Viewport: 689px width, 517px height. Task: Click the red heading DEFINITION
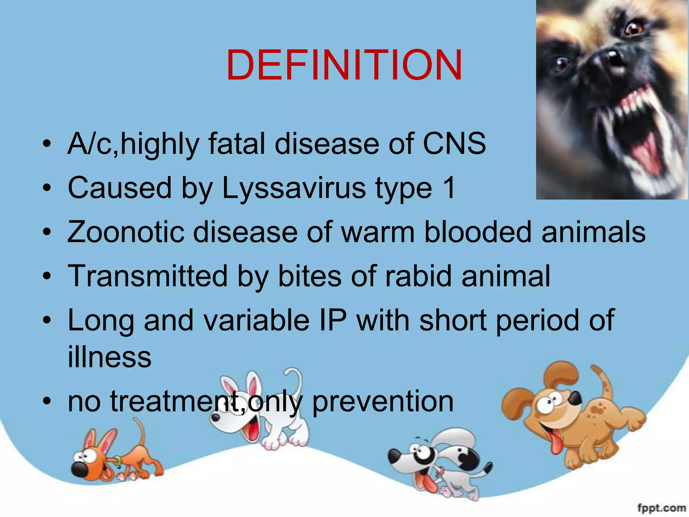tap(344, 66)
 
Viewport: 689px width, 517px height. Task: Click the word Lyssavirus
tap(293, 188)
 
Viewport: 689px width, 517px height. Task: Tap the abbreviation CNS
tap(454, 144)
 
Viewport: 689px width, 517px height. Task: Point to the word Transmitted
tap(148, 276)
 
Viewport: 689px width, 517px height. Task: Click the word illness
tap(109, 357)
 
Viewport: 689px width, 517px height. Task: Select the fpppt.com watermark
tap(661, 508)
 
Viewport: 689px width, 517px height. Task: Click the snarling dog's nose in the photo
tap(606, 64)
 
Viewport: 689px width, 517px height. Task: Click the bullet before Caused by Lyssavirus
tap(47, 188)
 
